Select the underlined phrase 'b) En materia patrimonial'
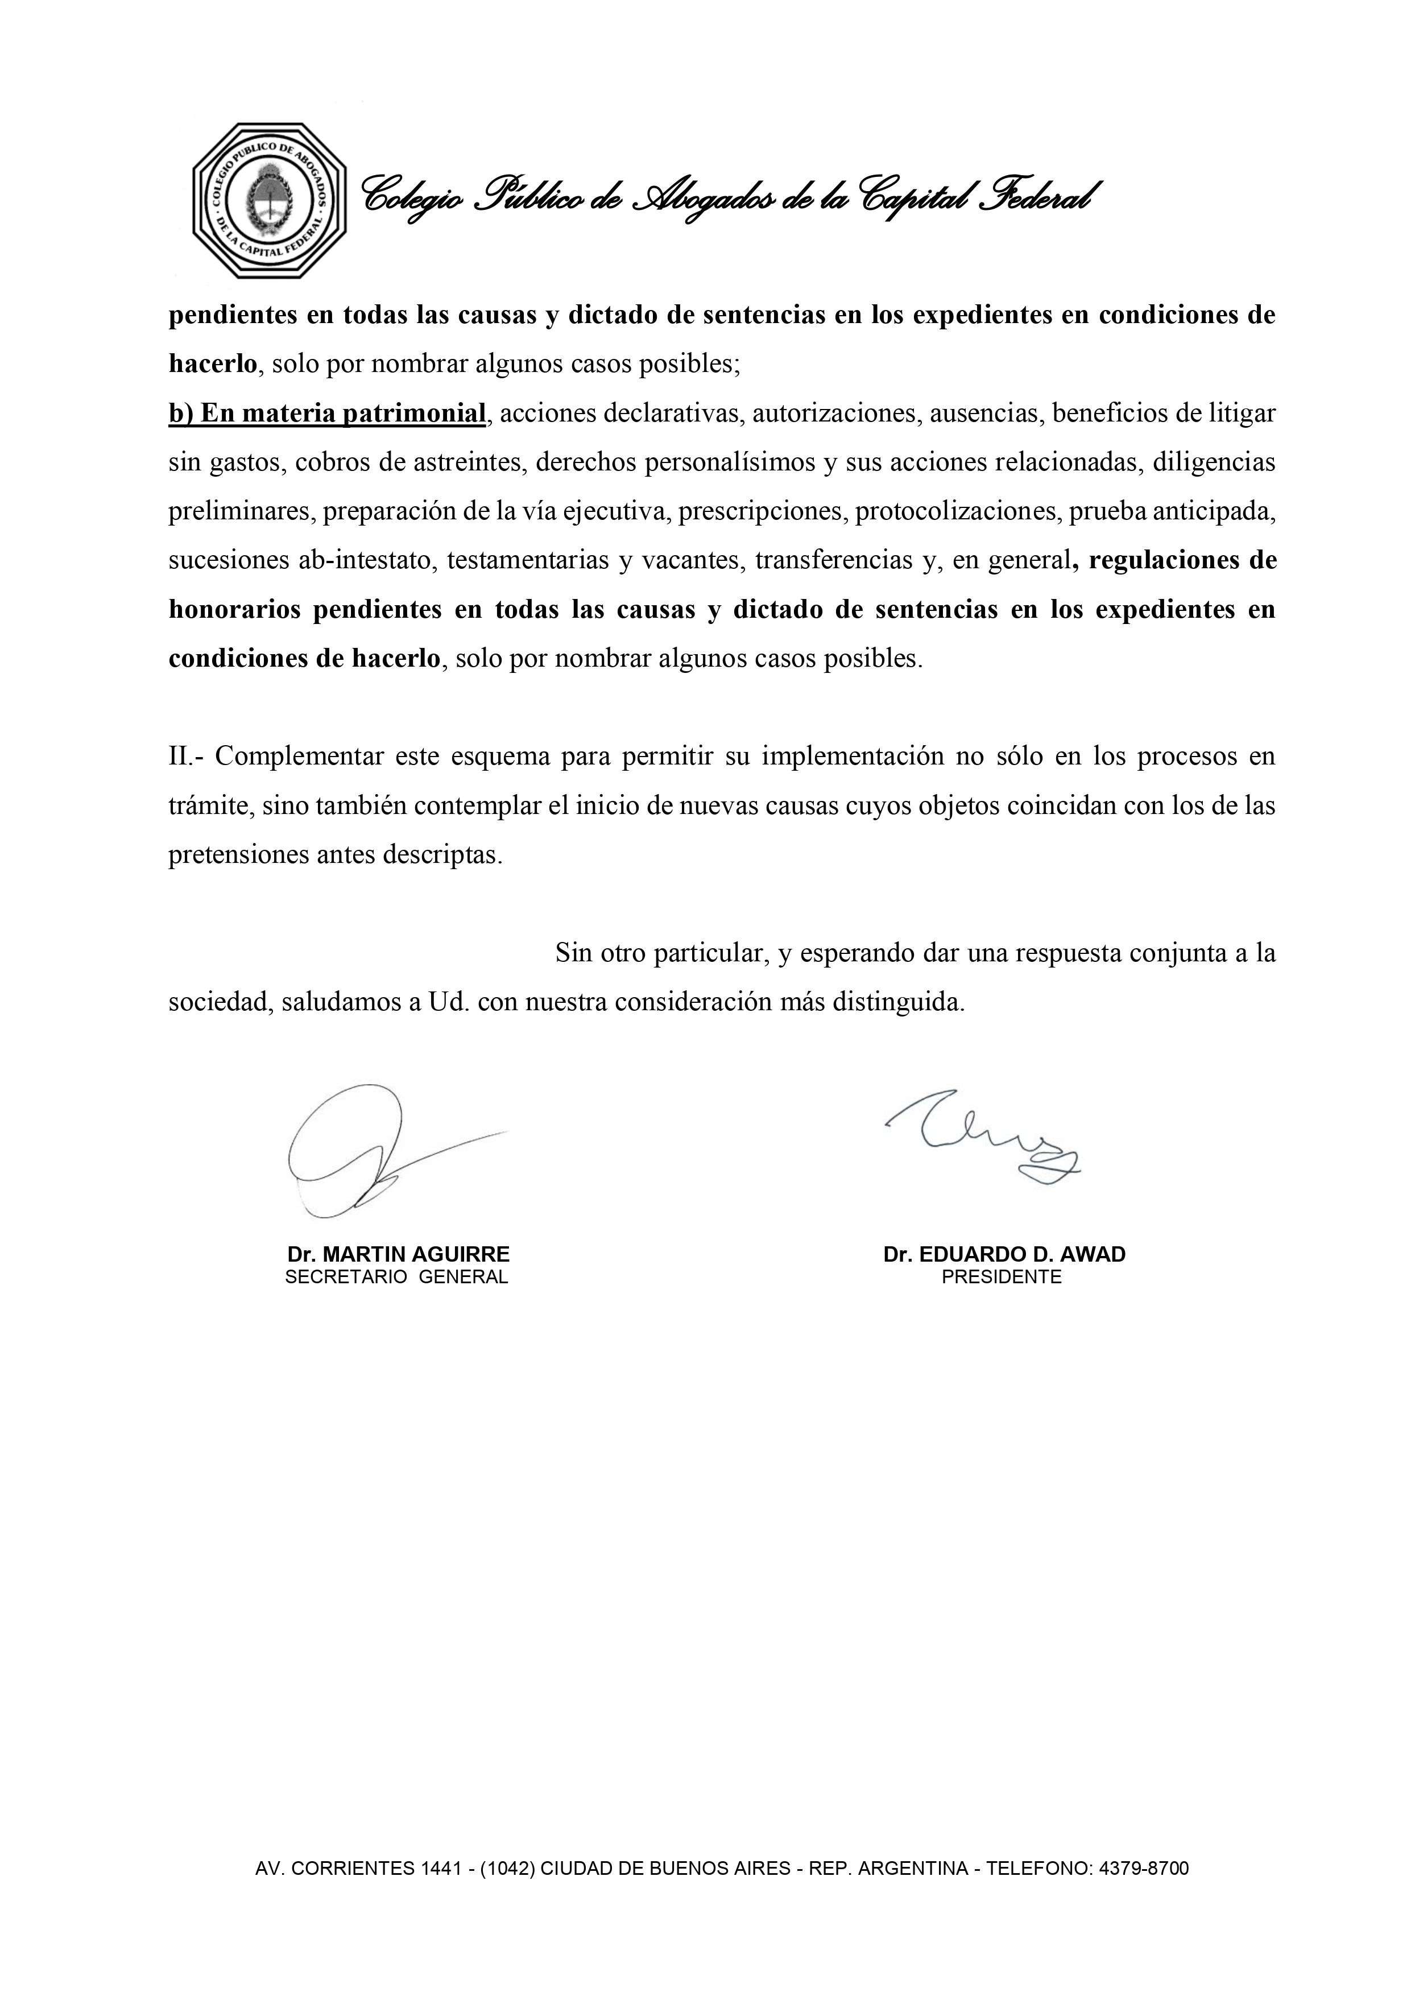pos(327,413)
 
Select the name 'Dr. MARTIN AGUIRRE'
pos(398,1254)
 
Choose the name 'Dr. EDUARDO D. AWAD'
pos(1004,1254)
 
